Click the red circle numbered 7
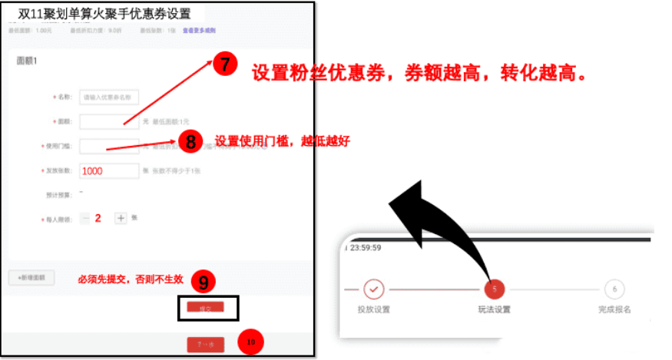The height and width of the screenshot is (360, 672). tap(223, 65)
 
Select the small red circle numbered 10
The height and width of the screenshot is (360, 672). tap(251, 342)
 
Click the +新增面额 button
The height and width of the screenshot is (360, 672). tap(31, 278)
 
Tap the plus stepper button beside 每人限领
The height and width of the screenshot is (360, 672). tap(121, 218)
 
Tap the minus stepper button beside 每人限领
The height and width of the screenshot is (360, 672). tap(84, 218)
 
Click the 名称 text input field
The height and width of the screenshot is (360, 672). tap(109, 97)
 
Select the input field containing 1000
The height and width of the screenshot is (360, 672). tap(109, 171)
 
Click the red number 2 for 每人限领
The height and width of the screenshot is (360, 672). tap(98, 218)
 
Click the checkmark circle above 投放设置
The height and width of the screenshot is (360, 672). tap(373, 289)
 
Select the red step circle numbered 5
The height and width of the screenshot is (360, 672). tap(494, 289)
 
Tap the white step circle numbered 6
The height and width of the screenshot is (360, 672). tap(614, 289)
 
